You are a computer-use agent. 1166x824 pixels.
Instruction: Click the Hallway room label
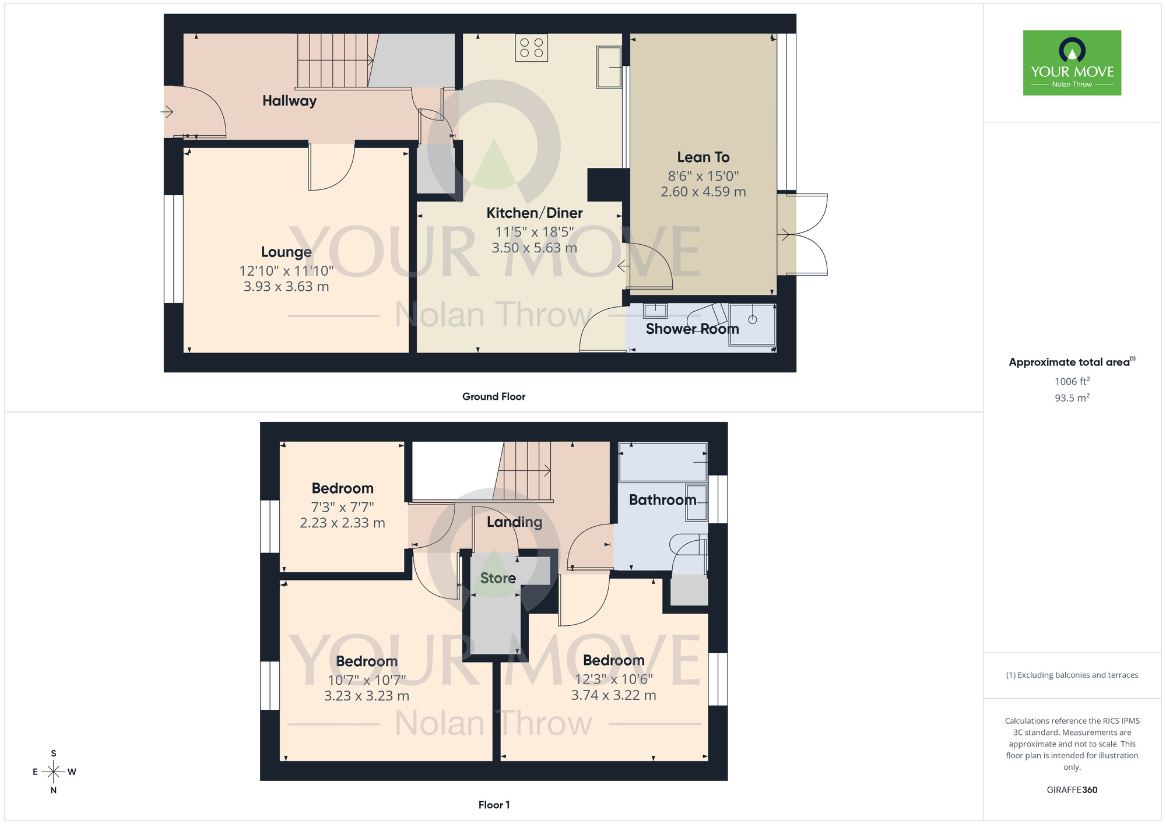tap(289, 101)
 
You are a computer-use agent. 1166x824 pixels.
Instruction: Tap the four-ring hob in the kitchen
tap(531, 48)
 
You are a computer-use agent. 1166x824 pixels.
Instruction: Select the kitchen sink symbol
tap(609, 68)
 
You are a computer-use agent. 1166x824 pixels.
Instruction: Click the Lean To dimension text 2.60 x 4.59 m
tap(703, 192)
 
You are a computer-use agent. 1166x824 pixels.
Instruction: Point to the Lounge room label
tap(286, 252)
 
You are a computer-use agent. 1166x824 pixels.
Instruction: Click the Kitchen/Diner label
tap(535, 213)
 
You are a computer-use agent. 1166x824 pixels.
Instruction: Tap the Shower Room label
tap(692, 329)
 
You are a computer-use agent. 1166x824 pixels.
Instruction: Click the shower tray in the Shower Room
tap(752, 324)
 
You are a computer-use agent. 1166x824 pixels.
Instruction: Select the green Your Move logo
tap(1072, 63)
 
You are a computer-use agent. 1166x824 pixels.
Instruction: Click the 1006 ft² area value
tap(1072, 381)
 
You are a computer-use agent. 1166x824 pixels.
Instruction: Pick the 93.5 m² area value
tap(1072, 398)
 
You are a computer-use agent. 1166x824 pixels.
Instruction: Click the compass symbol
tap(54, 772)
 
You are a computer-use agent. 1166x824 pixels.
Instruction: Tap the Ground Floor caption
tap(494, 396)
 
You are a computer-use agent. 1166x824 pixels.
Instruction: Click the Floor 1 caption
tap(494, 805)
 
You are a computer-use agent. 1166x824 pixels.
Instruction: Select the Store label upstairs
tap(498, 578)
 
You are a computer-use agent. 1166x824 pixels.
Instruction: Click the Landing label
tap(514, 522)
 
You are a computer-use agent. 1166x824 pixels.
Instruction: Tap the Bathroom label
tap(662, 500)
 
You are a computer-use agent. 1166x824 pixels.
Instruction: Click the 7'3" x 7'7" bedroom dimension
tap(342, 507)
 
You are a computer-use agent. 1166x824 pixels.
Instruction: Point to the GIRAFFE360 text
tap(1072, 790)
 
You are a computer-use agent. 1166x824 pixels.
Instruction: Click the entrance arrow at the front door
tap(168, 112)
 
